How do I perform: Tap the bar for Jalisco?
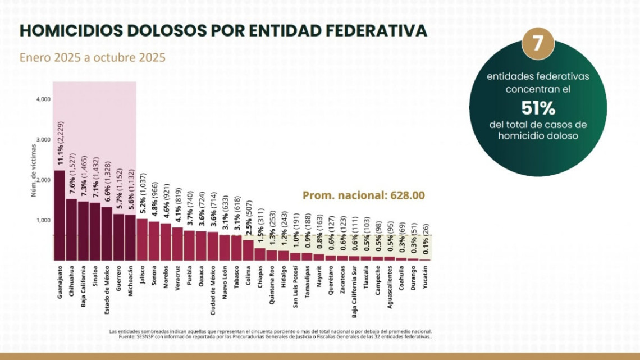click(x=142, y=239)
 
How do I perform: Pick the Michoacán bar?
click(x=130, y=237)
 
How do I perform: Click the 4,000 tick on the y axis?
click(x=43, y=99)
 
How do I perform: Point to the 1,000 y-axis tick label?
click(x=43, y=220)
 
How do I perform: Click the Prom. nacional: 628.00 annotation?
click(x=363, y=195)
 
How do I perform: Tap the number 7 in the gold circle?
click(x=537, y=44)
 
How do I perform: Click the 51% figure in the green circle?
click(x=537, y=107)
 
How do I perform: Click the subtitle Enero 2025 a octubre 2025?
click(x=93, y=58)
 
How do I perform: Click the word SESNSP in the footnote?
click(x=145, y=336)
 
